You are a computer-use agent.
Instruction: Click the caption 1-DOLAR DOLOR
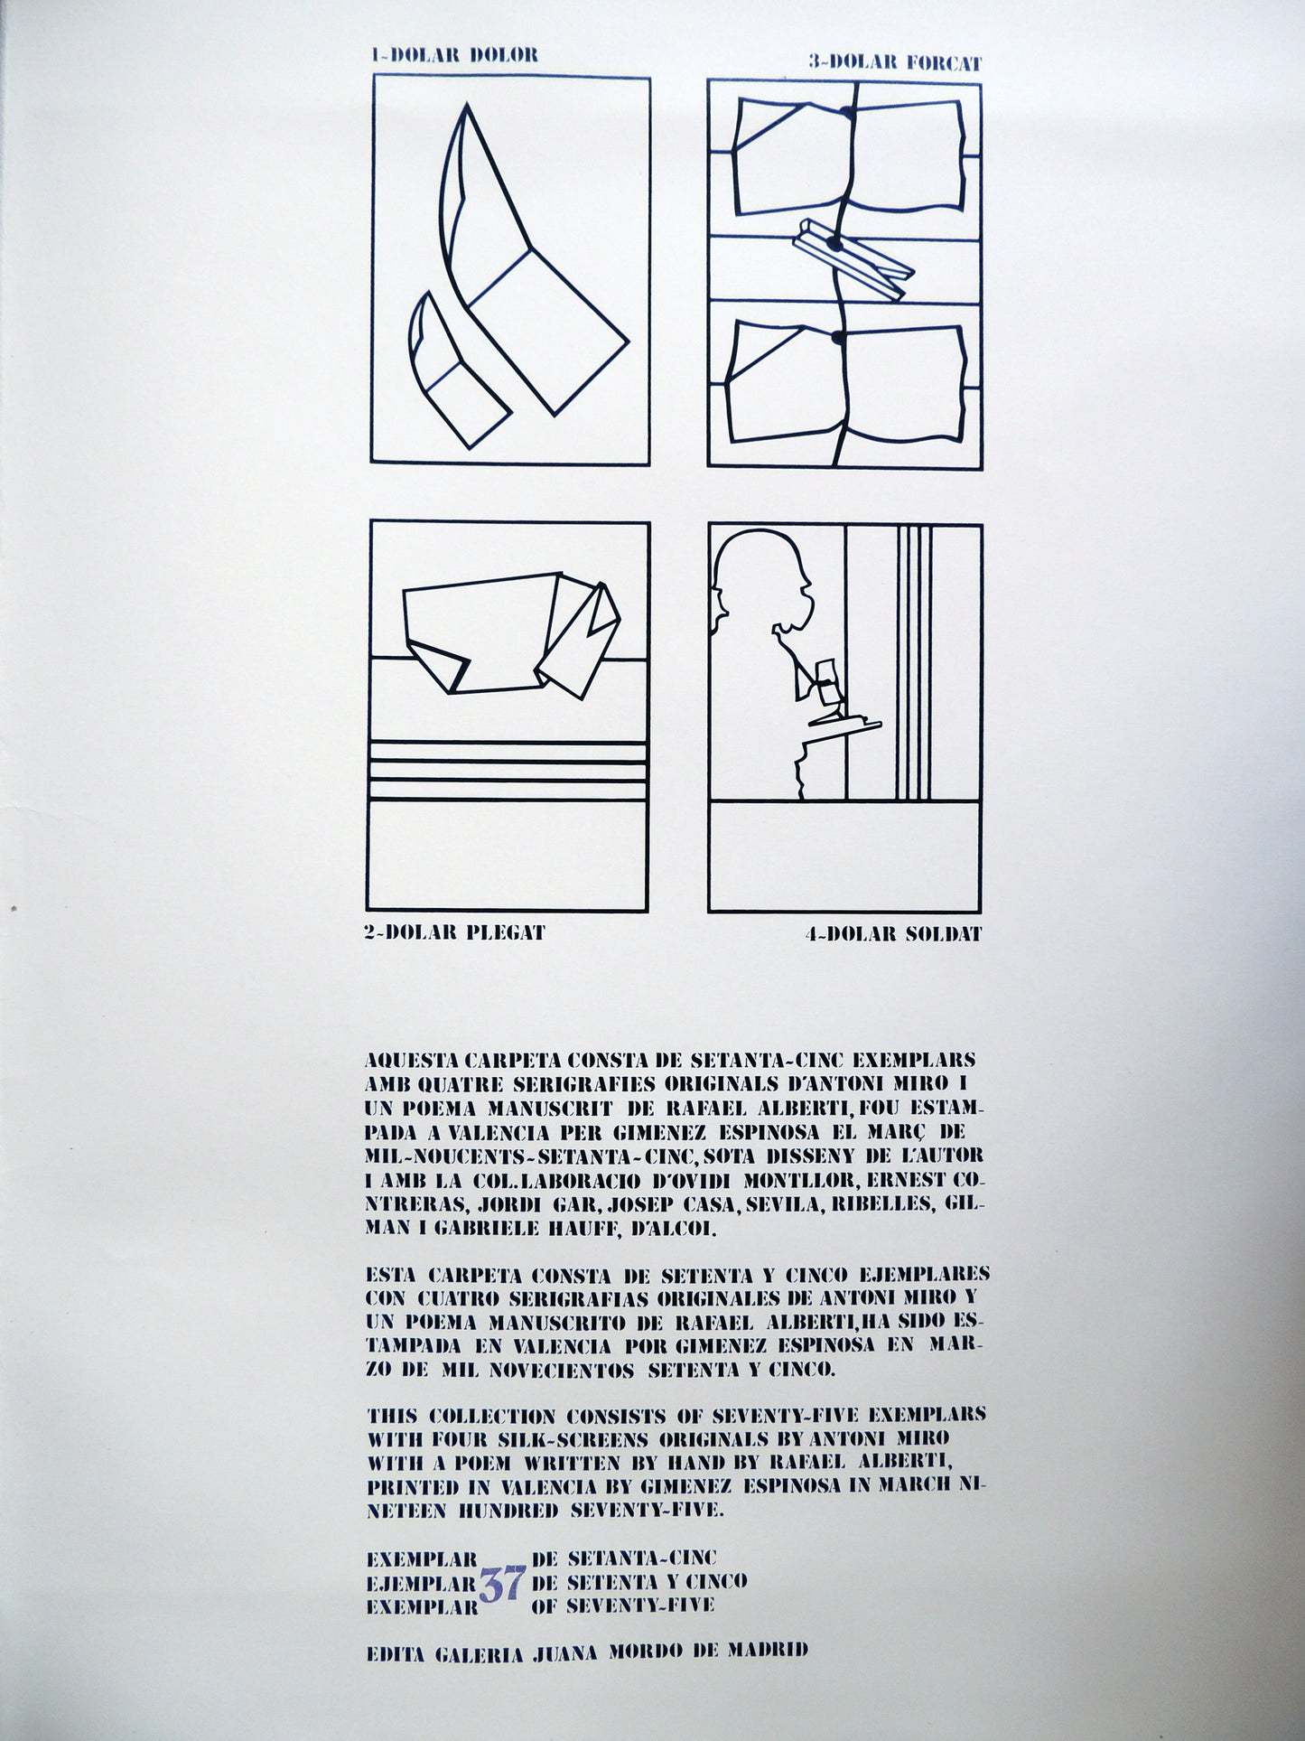pyautogui.click(x=454, y=54)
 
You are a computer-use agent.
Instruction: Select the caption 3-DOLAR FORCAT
pyautogui.click(x=895, y=63)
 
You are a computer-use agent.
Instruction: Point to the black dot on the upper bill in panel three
pyautogui.click(x=845, y=114)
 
